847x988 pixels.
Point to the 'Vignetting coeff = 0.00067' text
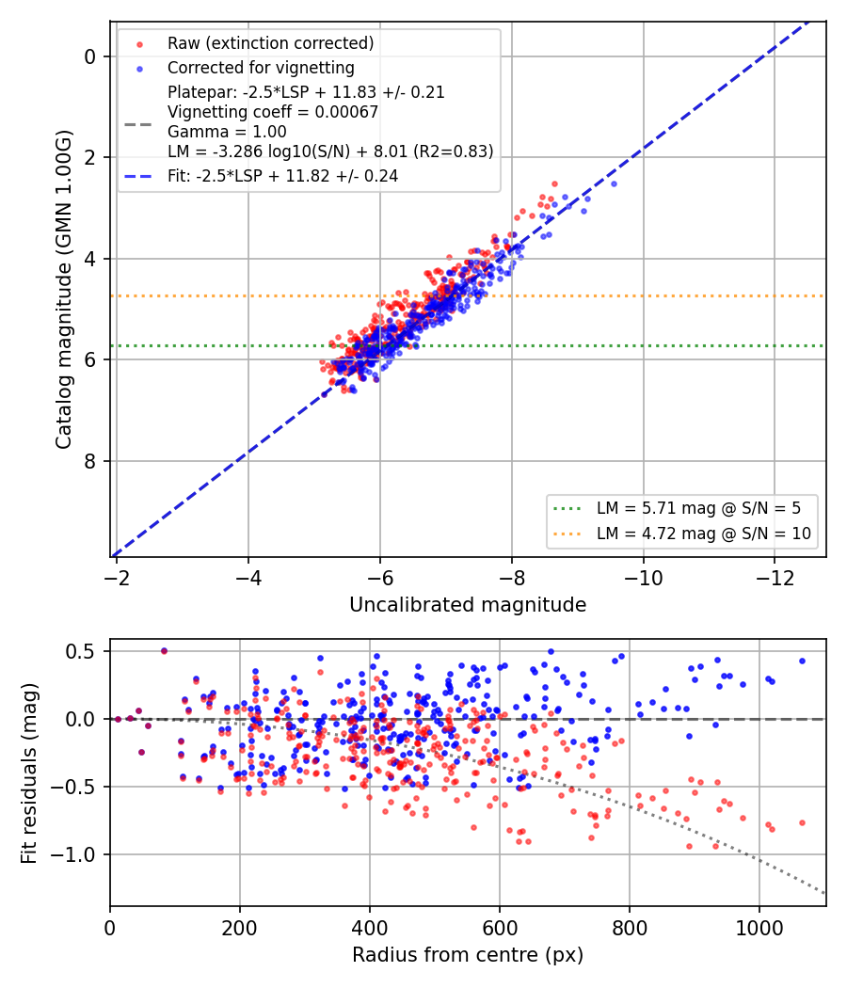[x=273, y=112]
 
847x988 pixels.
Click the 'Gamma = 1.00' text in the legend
[x=227, y=132]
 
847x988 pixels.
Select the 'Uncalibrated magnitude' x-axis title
[x=468, y=605]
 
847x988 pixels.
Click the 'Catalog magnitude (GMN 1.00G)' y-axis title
[x=64, y=290]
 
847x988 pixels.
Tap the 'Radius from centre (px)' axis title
[x=468, y=955]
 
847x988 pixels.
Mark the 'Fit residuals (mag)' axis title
[x=29, y=773]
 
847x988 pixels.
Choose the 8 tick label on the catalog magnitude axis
[x=90, y=461]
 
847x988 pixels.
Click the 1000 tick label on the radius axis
[x=759, y=928]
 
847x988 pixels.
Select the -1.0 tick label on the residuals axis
[x=72, y=854]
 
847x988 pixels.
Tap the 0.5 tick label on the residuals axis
[x=79, y=651]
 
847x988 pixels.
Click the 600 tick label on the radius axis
[x=500, y=928]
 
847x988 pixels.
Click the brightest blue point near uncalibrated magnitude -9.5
[x=614, y=184]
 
